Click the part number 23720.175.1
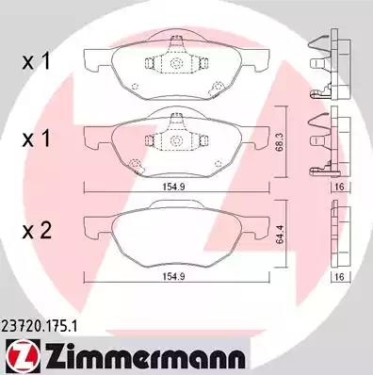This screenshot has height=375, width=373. tap(39, 327)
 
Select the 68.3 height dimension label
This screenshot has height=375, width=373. tap(280, 143)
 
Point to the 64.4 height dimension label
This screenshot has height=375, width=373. tap(280, 234)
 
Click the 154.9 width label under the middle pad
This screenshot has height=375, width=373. tap(173, 187)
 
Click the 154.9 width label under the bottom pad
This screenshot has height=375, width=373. tap(173, 277)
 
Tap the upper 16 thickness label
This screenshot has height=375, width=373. tap(340, 187)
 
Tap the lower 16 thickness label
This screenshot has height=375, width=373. tap(340, 277)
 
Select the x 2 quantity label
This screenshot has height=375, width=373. tap(37, 231)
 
